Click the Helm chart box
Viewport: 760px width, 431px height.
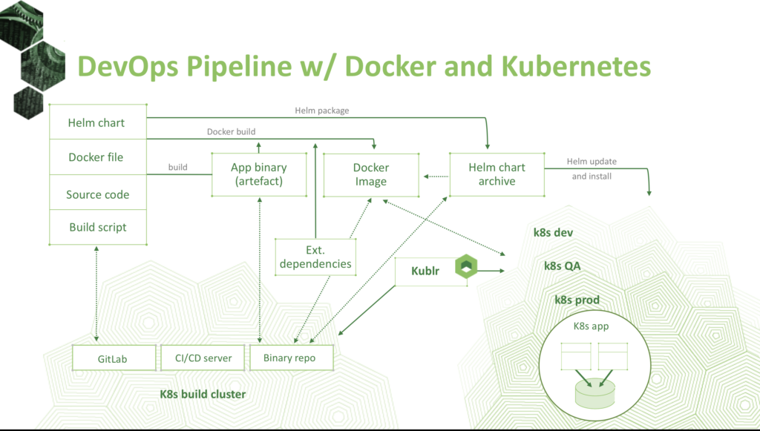[x=98, y=122]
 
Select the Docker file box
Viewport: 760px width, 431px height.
[x=98, y=157]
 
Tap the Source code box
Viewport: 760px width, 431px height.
[x=98, y=192]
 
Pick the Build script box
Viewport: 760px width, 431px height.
[x=98, y=227]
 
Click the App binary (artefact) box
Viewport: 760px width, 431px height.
[x=259, y=174]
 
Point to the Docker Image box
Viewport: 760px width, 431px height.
[x=371, y=175]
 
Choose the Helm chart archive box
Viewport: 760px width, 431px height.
[x=497, y=174]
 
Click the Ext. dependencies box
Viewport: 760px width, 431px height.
[x=315, y=257]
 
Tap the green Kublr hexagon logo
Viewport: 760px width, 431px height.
[x=466, y=266]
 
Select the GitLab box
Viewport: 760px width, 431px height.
[x=114, y=358]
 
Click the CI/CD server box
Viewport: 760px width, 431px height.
[x=203, y=358]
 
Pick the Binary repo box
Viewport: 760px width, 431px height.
[x=291, y=358]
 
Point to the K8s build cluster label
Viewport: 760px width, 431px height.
[x=203, y=394]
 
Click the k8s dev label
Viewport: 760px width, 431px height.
[x=553, y=232]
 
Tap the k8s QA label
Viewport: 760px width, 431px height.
[x=563, y=266]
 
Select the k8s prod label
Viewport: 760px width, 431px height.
[x=577, y=300]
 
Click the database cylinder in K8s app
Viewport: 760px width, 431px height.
[x=594, y=392]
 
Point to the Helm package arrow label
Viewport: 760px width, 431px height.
[x=322, y=111]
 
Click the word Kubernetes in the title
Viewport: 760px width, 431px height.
[x=576, y=66]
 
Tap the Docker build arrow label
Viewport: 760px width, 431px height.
[x=232, y=131]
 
